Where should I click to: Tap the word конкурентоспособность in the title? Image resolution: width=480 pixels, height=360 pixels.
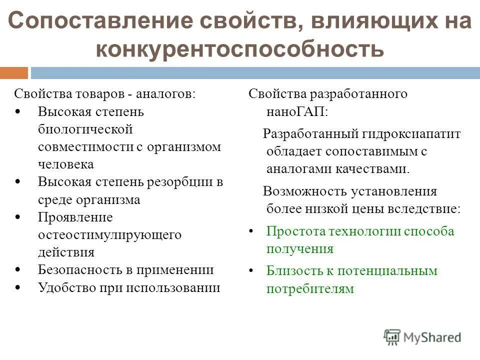tap(239, 50)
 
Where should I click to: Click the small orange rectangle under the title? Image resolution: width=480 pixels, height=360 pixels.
tap(14, 73)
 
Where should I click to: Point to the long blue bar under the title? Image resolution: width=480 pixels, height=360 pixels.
tap(255, 73)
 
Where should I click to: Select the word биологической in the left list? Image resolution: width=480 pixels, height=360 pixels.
tap(85, 129)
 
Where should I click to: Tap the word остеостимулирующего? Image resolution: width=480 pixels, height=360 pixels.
tap(109, 234)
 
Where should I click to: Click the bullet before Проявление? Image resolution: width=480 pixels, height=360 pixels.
tap(18, 217)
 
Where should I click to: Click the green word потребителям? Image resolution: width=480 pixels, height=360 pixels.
tap(310, 288)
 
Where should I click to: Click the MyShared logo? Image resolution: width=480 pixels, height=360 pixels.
tap(422, 336)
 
